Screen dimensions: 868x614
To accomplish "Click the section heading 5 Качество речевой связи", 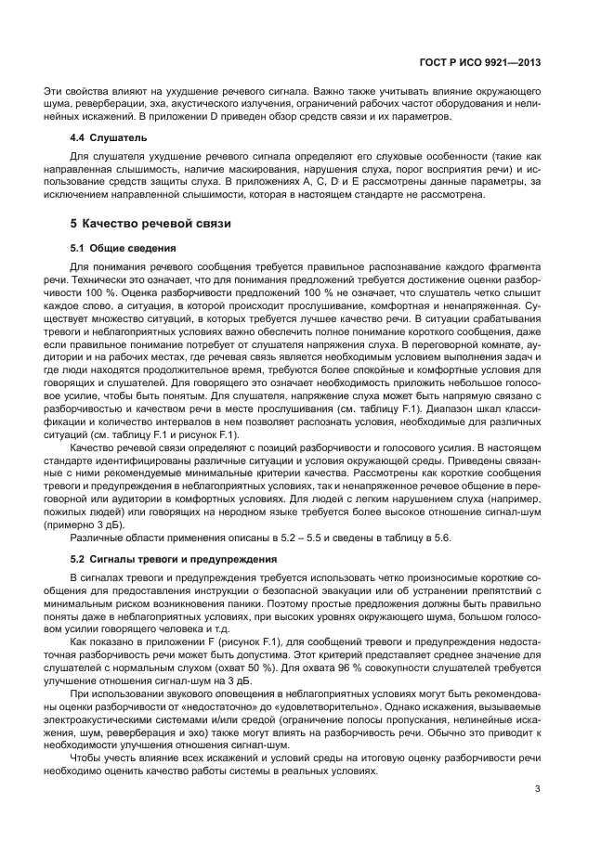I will pyautogui.click(x=151, y=224).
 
